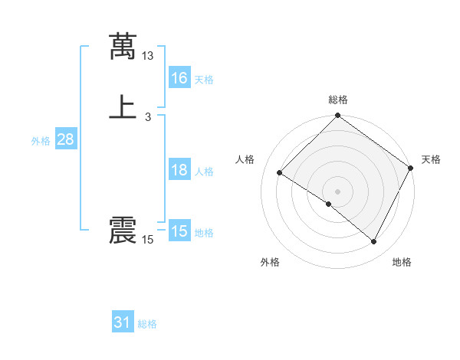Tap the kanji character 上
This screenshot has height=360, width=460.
(x=123, y=106)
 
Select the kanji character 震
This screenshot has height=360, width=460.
(x=123, y=231)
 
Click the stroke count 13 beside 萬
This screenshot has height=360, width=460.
(x=148, y=56)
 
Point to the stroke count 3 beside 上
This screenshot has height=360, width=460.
(x=148, y=117)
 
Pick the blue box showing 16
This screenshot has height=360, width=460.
(x=179, y=78)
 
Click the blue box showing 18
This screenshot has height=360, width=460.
(x=179, y=170)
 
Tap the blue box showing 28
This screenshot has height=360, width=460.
(x=65, y=140)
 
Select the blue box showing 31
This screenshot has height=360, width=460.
(x=123, y=322)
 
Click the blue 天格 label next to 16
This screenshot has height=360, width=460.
(x=204, y=80)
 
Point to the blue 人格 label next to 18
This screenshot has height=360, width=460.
(x=204, y=172)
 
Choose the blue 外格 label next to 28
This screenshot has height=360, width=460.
(x=41, y=141)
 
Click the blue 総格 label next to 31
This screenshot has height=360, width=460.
(x=147, y=324)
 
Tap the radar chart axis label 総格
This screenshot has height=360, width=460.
(x=338, y=100)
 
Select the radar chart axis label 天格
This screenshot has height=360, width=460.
(x=431, y=159)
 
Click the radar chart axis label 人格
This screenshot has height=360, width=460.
(x=245, y=159)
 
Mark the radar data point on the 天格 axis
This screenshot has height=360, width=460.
(x=411, y=168)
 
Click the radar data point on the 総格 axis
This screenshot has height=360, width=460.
(x=338, y=116)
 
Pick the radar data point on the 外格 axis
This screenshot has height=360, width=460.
(x=329, y=204)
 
